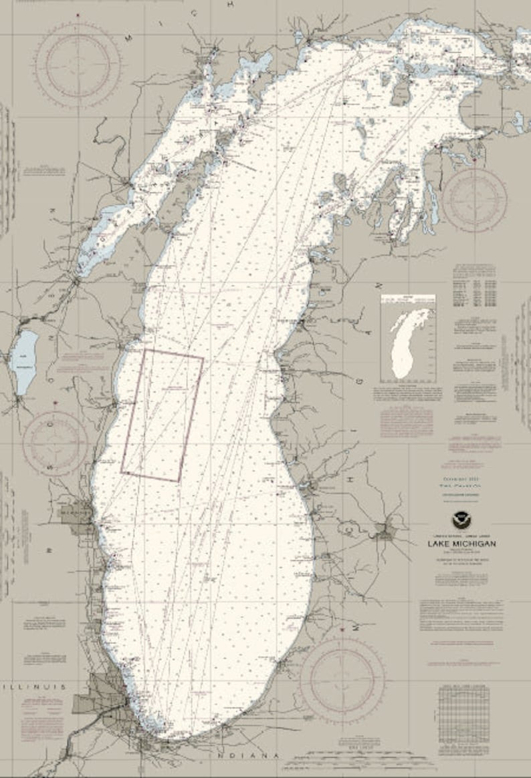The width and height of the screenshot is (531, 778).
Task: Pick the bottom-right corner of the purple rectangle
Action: (x=179, y=481)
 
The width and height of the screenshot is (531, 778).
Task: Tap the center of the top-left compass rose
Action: (x=79, y=65)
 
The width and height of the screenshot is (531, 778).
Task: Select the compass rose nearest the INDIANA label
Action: (x=342, y=680)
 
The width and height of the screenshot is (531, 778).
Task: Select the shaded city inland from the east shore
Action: (x=385, y=532)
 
